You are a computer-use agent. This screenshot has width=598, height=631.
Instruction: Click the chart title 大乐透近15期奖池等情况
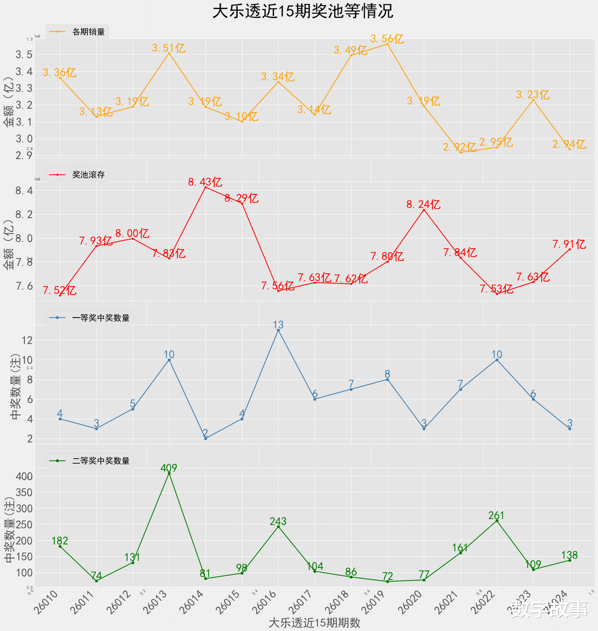303,11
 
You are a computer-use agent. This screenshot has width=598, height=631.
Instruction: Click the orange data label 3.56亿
387,39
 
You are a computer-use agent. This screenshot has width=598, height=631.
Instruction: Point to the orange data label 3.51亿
169,48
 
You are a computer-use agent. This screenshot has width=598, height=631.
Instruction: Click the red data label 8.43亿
205,182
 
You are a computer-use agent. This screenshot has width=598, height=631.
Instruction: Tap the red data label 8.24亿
424,204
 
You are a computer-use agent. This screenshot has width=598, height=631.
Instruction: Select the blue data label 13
278,325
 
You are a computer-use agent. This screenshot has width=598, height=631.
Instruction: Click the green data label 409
169,468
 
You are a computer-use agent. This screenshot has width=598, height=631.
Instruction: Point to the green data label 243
278,521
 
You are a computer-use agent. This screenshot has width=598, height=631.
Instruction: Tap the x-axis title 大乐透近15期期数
314,623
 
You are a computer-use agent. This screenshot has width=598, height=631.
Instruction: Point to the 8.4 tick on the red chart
24,191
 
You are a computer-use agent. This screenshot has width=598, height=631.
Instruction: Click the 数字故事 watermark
550,609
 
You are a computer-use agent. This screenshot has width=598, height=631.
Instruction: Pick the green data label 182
60,541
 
